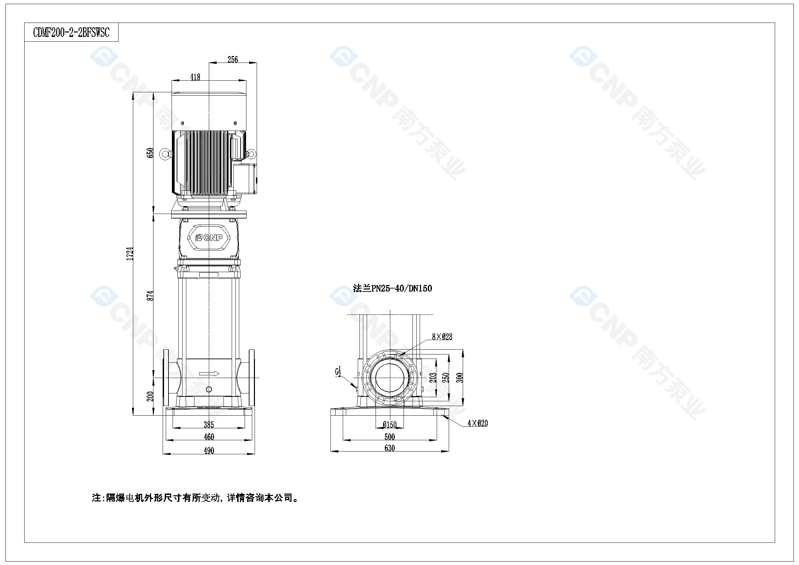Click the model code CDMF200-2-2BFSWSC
pyautogui.click(x=71, y=33)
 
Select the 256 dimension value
pyautogui.click(x=233, y=59)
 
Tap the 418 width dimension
pyautogui.click(x=195, y=77)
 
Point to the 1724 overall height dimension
pyautogui.click(x=130, y=253)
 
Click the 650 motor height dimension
pyautogui.click(x=150, y=153)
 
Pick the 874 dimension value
pyautogui.click(x=150, y=296)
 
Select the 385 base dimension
pyautogui.click(x=209, y=425)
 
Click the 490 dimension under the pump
pyautogui.click(x=209, y=451)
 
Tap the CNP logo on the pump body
pyautogui.click(x=209, y=238)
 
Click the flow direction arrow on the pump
pyautogui.click(x=209, y=374)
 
